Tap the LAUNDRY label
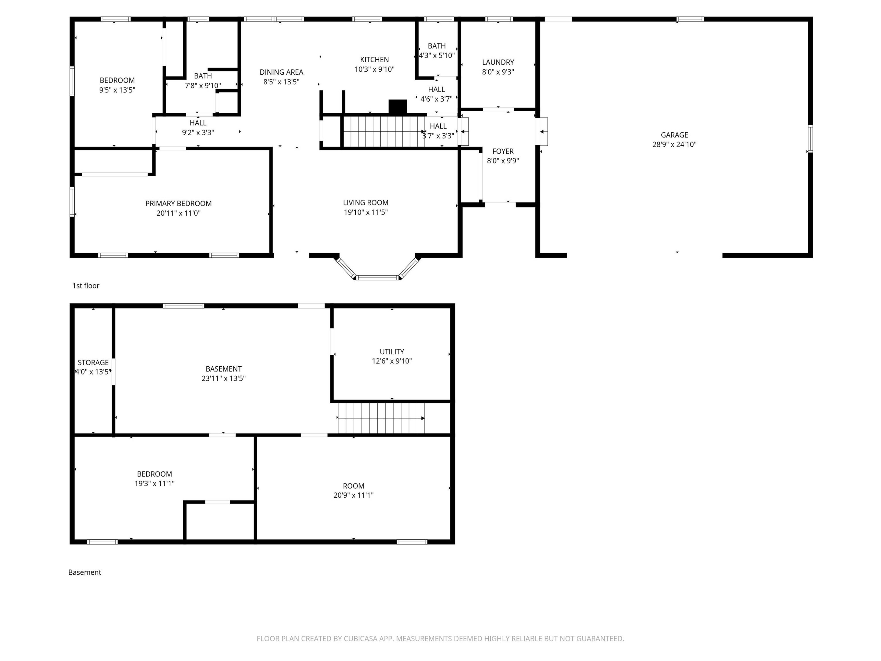(x=498, y=62)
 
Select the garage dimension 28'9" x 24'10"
(x=674, y=145)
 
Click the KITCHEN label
(x=374, y=60)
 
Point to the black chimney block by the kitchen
(x=398, y=107)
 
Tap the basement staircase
(x=381, y=418)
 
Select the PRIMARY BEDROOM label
(x=179, y=204)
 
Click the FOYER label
(x=503, y=151)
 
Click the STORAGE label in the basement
(x=93, y=363)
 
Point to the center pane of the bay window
(x=377, y=278)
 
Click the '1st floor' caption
(x=86, y=286)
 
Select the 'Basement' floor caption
(x=85, y=572)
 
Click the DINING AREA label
(x=282, y=72)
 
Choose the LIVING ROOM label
(x=366, y=203)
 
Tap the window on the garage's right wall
(x=810, y=139)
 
